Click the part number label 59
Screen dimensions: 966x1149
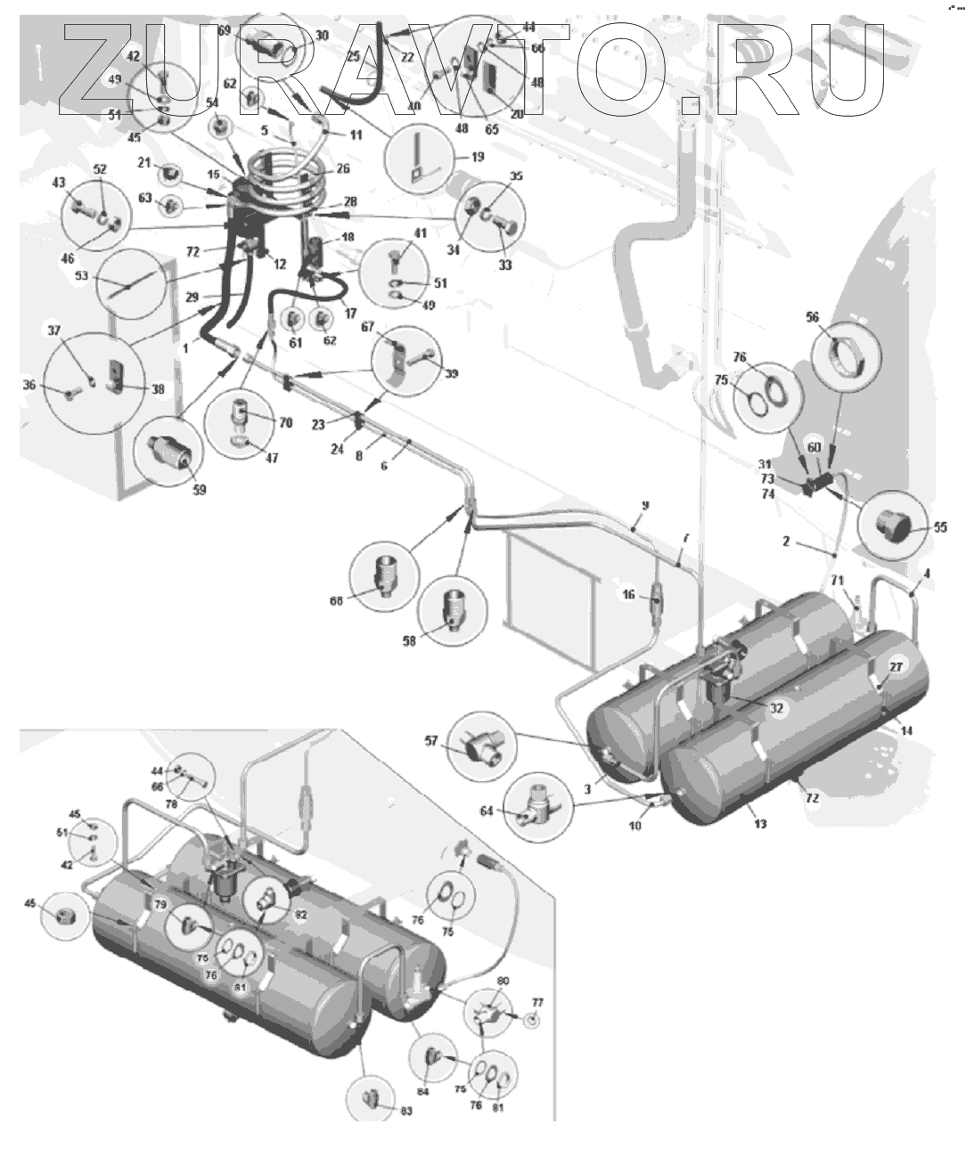click(x=200, y=489)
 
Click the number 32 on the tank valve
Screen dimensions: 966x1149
click(x=776, y=708)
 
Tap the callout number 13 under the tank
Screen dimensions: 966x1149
click(x=760, y=823)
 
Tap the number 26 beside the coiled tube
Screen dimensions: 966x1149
click(x=343, y=167)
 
